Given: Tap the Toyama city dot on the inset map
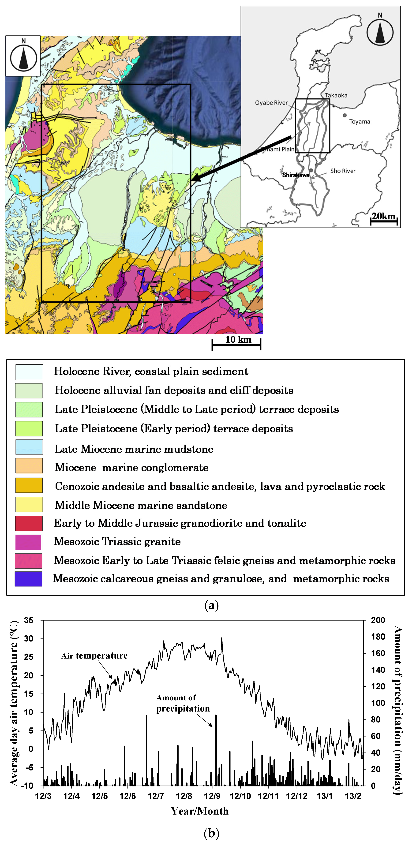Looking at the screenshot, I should (x=344, y=115).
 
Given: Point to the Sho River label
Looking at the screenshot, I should (x=343, y=171).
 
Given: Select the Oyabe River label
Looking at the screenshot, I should (x=271, y=103).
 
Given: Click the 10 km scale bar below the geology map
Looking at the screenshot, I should (x=237, y=344).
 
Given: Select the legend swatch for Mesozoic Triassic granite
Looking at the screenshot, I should (x=29, y=542).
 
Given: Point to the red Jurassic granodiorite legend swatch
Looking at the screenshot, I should (x=29, y=523).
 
